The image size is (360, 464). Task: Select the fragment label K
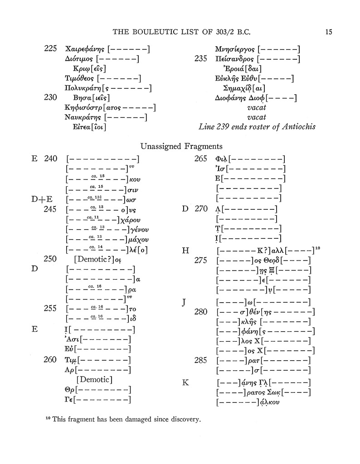185,382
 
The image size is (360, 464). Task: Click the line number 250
50,259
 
